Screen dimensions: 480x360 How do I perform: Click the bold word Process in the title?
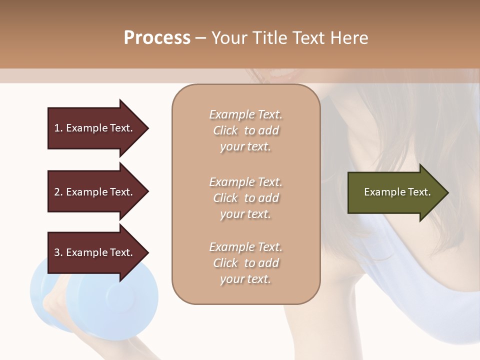point(157,38)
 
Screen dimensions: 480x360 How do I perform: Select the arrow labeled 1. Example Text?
point(95,128)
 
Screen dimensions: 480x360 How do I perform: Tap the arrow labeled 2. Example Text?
point(95,192)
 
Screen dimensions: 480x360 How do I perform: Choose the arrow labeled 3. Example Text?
point(95,252)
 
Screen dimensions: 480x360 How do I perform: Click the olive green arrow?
point(395,192)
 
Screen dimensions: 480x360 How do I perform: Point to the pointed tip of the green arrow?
point(447,192)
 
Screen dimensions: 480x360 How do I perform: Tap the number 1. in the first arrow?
point(58,128)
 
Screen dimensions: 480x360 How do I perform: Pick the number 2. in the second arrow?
point(58,192)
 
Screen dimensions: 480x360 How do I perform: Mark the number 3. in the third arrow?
point(58,252)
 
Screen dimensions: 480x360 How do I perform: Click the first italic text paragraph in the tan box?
point(245,130)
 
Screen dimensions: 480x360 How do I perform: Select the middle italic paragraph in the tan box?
point(245,198)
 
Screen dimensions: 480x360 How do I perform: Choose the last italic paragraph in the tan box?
point(245,263)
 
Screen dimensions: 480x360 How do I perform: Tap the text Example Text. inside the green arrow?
point(397,192)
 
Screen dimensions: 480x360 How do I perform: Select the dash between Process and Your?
point(200,38)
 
